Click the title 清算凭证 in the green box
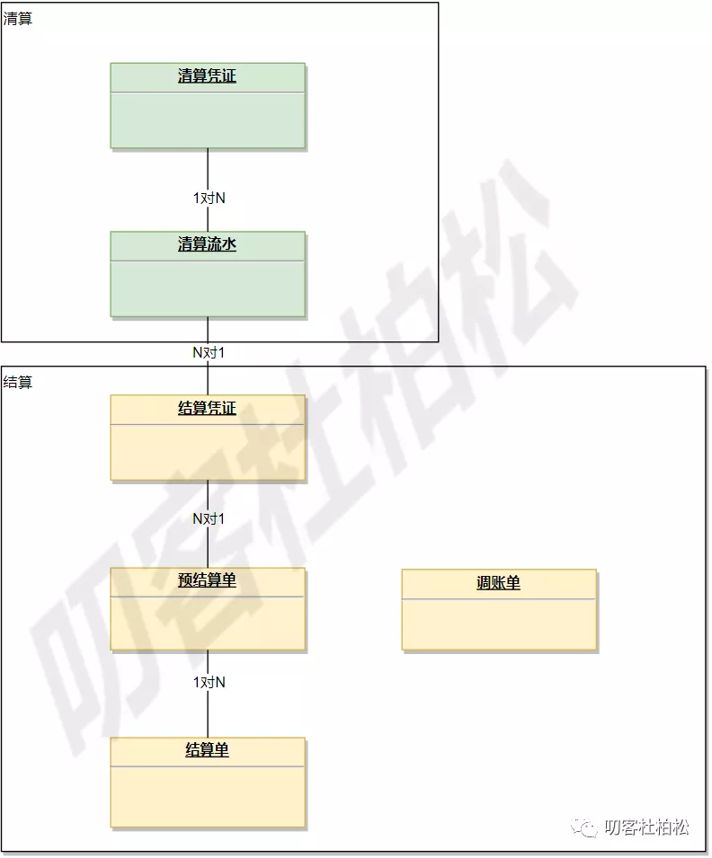[x=207, y=76]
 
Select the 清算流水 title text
[x=207, y=243]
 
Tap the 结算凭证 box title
[x=207, y=409]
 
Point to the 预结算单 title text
[x=207, y=580]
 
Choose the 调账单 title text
[x=498, y=583]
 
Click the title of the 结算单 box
[x=207, y=749]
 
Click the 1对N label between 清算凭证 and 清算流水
[x=209, y=198]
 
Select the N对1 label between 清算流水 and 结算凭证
[x=209, y=353]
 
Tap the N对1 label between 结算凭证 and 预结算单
[x=209, y=518]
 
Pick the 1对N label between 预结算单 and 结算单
[x=209, y=682]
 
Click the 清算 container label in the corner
[x=18, y=18]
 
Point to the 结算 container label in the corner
[x=18, y=382]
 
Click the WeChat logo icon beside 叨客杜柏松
[x=587, y=827]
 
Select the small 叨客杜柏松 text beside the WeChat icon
[x=647, y=827]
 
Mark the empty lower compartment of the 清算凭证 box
[x=208, y=119]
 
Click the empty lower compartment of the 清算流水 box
[x=208, y=287]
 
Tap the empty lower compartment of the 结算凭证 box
[x=208, y=451]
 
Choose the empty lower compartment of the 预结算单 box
[x=208, y=622]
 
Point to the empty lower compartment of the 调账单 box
[x=499, y=624]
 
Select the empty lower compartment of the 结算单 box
[x=208, y=796]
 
